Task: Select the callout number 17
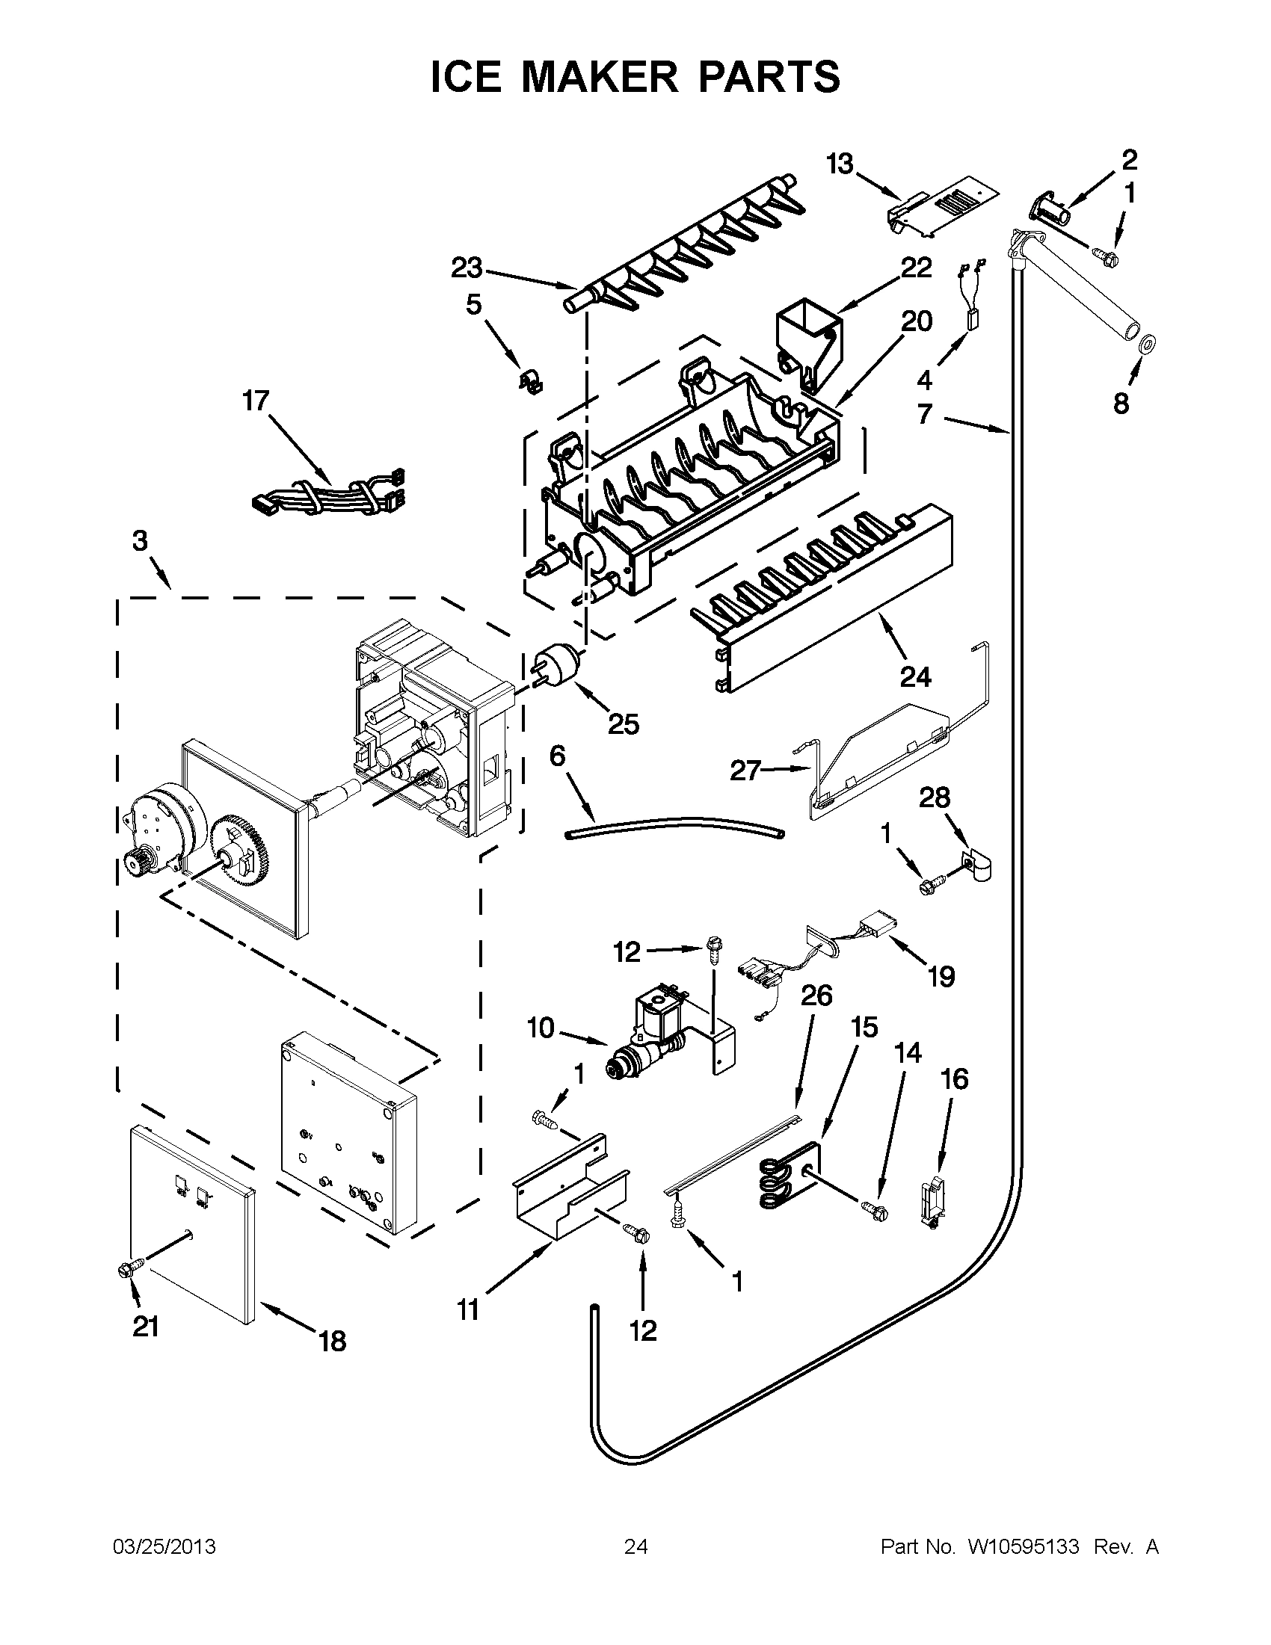pos(256,401)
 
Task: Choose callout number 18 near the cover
pos(332,1341)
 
